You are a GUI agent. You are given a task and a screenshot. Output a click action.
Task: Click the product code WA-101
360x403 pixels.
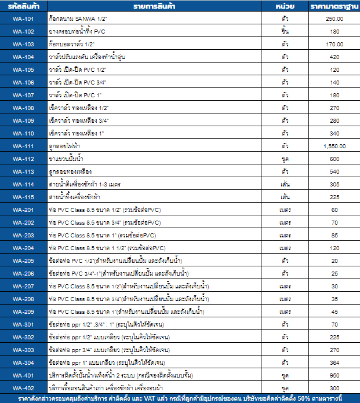pyautogui.click(x=23, y=19)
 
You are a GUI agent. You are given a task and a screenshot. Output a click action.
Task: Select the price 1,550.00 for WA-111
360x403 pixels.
pyautogui.click(x=334, y=146)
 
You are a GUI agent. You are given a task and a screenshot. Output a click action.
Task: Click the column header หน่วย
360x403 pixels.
pyautogui.click(x=285, y=5)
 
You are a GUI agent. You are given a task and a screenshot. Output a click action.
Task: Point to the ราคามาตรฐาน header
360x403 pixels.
pyautogui.click(x=334, y=5)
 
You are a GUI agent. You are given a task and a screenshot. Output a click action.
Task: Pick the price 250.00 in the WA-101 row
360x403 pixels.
pyautogui.click(x=334, y=19)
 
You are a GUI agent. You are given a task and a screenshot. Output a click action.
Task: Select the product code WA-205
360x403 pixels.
pyautogui.click(x=23, y=261)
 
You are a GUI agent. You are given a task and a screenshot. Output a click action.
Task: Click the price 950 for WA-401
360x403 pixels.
pyautogui.click(x=334, y=375)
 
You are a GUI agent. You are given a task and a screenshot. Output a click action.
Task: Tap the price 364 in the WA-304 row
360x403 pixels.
pyautogui.click(x=334, y=362)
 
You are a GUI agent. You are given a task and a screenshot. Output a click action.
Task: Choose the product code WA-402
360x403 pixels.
pyautogui.click(x=23, y=388)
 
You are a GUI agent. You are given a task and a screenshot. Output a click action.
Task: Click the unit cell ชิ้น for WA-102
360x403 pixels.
pyautogui.click(x=285, y=31)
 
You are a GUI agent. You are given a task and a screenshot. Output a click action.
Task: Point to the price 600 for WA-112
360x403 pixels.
pyautogui.click(x=334, y=159)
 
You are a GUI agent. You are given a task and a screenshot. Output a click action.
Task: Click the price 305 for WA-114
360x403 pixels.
pyautogui.click(x=334, y=184)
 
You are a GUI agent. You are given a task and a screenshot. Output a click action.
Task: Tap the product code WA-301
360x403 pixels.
pyautogui.click(x=23, y=324)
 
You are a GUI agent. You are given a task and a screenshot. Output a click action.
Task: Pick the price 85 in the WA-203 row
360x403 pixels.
pyautogui.click(x=334, y=235)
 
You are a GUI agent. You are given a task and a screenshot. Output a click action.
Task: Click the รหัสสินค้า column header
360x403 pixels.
pyautogui.click(x=23, y=5)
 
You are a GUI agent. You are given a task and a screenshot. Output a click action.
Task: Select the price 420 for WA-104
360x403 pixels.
pyautogui.click(x=334, y=57)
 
